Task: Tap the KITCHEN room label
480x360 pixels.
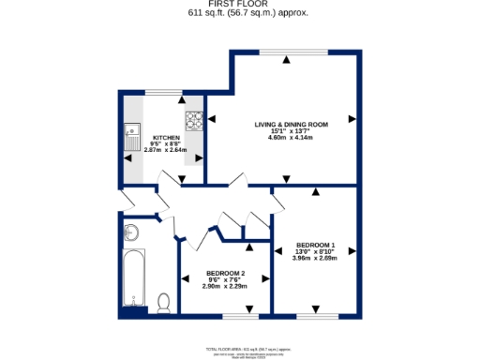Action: coord(166,137)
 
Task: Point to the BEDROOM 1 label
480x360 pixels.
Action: coord(314,245)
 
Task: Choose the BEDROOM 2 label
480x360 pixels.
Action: coord(226,273)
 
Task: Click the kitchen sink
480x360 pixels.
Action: coord(132,136)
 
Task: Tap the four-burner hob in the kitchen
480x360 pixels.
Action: coord(195,120)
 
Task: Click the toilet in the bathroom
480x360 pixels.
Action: coord(164,302)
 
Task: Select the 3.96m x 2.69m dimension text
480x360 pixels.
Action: coord(314,258)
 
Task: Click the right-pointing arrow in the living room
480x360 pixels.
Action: coord(352,119)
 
